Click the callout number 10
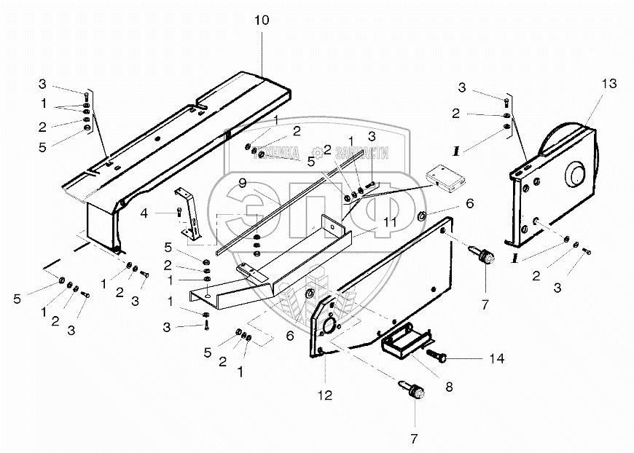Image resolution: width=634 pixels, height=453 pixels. point(261,20)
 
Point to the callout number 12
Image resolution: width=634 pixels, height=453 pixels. point(324,395)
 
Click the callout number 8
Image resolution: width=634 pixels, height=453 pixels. point(449,387)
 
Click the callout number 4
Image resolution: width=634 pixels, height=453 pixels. point(145,213)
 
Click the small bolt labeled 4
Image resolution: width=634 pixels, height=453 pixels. point(179,213)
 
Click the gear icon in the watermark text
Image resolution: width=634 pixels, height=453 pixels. point(319,153)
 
